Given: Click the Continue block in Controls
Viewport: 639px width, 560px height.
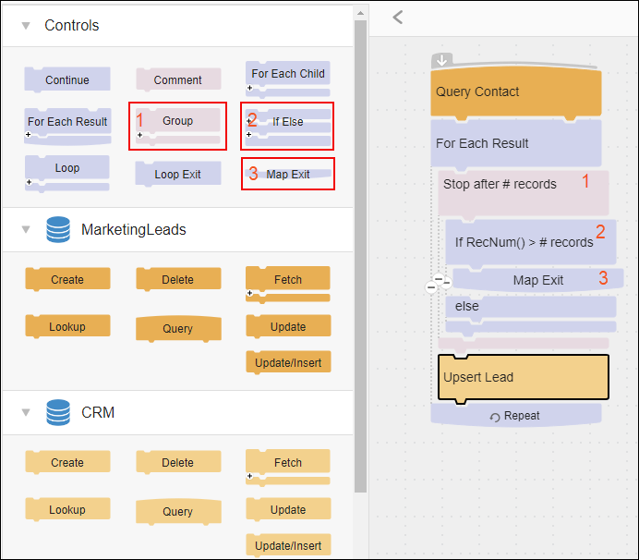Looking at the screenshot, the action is [67, 79].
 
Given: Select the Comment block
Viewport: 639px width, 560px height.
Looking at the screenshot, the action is [178, 79].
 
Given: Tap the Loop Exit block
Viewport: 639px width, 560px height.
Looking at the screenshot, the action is [178, 174].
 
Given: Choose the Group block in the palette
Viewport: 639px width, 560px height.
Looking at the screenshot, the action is [177, 126].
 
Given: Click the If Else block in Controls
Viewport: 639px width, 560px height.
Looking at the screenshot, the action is [288, 127].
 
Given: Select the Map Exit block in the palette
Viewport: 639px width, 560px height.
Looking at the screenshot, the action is [288, 174].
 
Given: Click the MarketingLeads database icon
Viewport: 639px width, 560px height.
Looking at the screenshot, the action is [58, 229].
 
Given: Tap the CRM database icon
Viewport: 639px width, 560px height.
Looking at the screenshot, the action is [58, 412].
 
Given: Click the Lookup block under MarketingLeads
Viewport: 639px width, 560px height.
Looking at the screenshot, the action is [67, 326].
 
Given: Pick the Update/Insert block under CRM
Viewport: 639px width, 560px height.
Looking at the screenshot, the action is [288, 545].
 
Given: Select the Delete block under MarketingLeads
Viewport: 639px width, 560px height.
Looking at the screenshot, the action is [178, 279].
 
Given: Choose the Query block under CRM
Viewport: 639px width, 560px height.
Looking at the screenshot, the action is [178, 511].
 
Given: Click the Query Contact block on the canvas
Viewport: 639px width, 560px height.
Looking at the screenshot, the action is [516, 92].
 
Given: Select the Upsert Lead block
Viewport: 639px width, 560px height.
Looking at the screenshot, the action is [524, 378].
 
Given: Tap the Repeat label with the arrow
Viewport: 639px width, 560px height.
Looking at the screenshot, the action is [514, 416].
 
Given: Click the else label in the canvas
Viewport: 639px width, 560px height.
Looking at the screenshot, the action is [467, 306].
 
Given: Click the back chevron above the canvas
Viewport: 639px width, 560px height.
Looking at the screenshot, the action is [398, 18].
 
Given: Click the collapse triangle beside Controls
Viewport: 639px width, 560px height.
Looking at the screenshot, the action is [26, 26].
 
